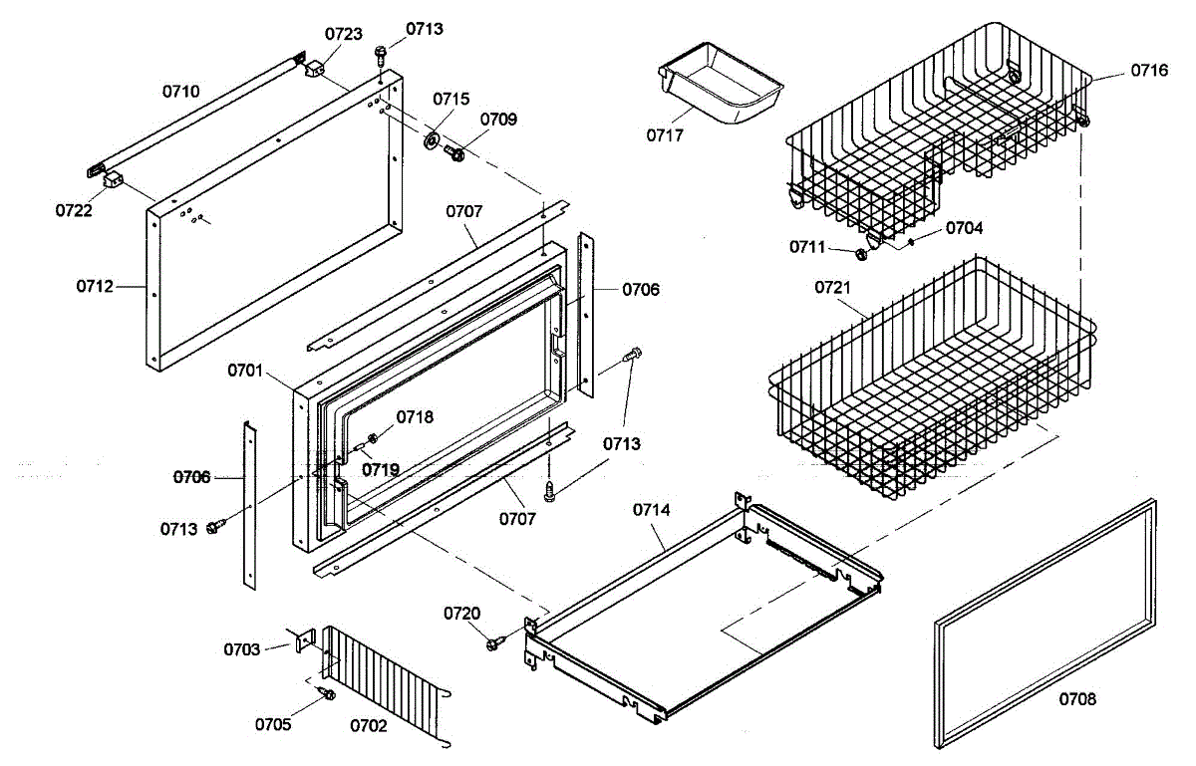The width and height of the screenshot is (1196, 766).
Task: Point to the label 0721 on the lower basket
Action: click(x=833, y=288)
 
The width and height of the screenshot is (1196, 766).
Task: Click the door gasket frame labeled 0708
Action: click(x=1046, y=623)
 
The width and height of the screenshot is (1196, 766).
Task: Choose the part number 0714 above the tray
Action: click(x=652, y=510)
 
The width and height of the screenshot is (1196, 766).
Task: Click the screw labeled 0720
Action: click(x=493, y=644)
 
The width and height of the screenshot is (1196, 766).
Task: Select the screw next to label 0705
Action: click(x=325, y=692)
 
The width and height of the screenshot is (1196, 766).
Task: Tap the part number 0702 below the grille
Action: click(x=369, y=726)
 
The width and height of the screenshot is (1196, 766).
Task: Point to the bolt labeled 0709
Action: click(x=455, y=153)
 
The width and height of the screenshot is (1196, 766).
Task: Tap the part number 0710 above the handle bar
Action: click(x=181, y=92)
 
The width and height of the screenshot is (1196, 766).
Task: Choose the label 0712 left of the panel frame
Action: click(x=96, y=287)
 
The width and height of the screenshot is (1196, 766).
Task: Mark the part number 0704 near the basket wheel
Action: click(x=964, y=228)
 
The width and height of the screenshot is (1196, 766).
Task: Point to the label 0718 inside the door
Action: click(x=415, y=417)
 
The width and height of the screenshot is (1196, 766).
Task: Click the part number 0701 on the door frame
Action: click(x=244, y=372)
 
